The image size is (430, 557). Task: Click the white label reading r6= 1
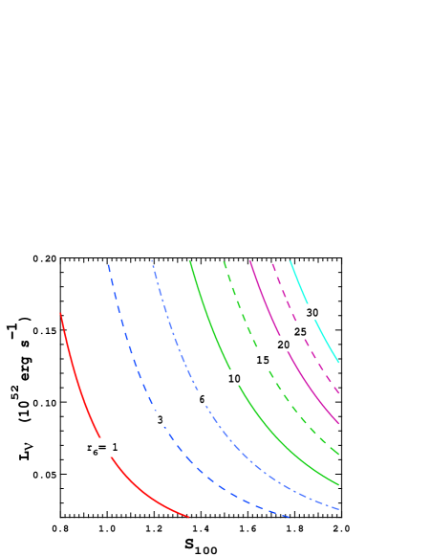pos(105,447)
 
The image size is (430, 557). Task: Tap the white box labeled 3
pos(160,419)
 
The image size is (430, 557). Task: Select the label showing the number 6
pos(202,398)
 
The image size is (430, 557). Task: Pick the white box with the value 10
pos(234,378)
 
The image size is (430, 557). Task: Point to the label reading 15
pos(263,359)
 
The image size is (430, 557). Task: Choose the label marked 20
pos(283,344)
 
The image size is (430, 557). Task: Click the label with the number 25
pos(300,331)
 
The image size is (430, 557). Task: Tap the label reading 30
pos(312,312)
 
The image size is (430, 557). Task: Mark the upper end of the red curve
pos(61,314)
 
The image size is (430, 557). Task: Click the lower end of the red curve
pos(189,517)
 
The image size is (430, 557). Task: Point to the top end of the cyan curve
pos(290,261)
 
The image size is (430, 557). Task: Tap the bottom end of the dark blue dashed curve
pos(290,517)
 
